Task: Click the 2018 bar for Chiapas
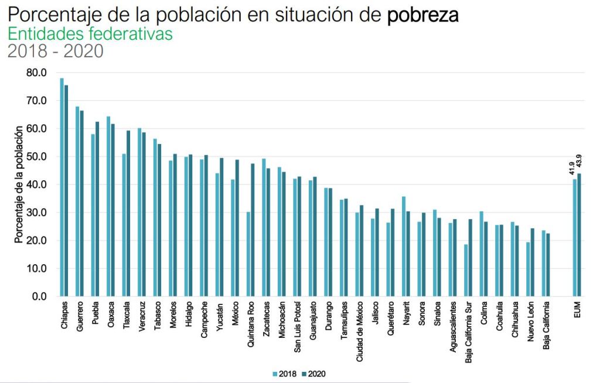pyautogui.click(x=62, y=187)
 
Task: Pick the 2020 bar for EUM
pyautogui.click(x=579, y=235)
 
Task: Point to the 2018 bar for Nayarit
pyautogui.click(x=404, y=247)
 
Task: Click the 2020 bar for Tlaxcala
pyautogui.click(x=128, y=214)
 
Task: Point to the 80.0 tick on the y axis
pyautogui.click(x=36, y=73)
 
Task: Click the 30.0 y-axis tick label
pyautogui.click(x=36, y=213)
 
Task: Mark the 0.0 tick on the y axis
pyautogui.click(x=39, y=297)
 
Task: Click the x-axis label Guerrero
pyautogui.click(x=80, y=317)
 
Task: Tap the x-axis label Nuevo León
pyautogui.click(x=530, y=322)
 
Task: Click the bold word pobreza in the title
pyautogui.click(x=422, y=15)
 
